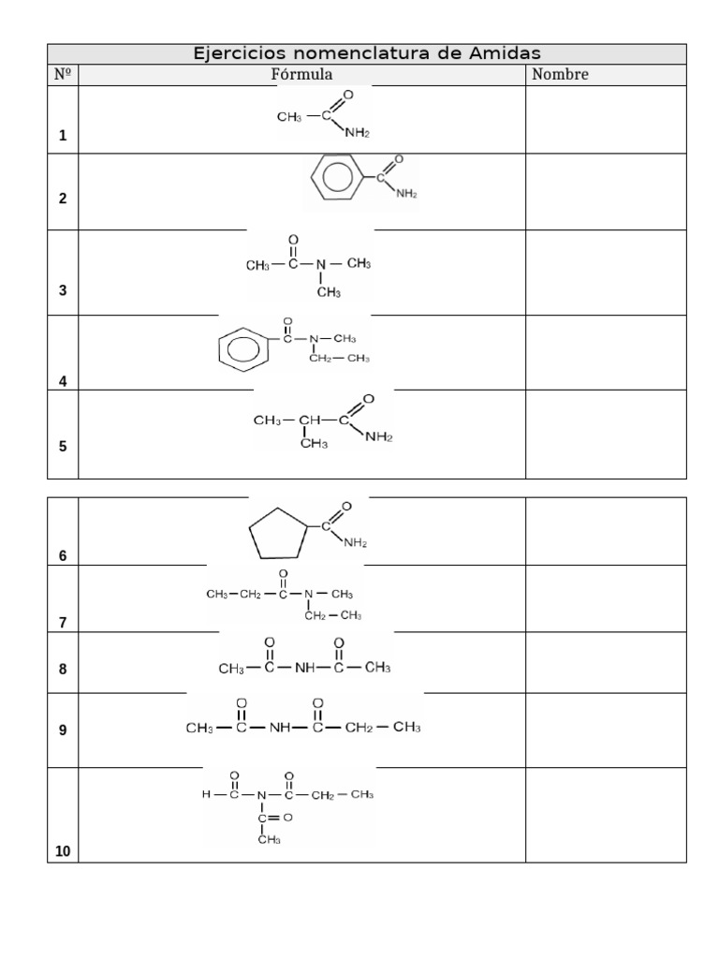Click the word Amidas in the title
tap(505, 53)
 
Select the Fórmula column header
tap(302, 75)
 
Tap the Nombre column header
tap(560, 75)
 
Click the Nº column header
tap(63, 75)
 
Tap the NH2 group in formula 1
tap(357, 132)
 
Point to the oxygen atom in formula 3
tap(293, 239)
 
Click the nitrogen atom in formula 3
tap(321, 264)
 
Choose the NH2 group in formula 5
tap(379, 436)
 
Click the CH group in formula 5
tap(309, 420)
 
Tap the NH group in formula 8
tap(304, 667)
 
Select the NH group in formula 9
tap(280, 727)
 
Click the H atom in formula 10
tap(206, 794)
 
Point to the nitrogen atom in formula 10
tap(262, 795)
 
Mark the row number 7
tap(63, 623)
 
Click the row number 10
tap(63, 850)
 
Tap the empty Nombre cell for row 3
tap(606, 273)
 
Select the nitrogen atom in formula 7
tap(308, 594)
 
